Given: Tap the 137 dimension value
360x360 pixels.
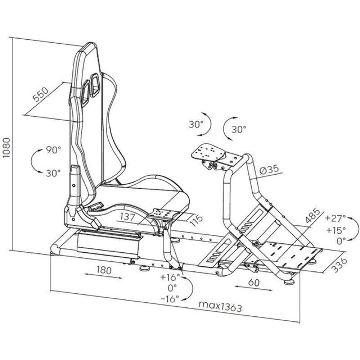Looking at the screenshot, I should tap(130, 217).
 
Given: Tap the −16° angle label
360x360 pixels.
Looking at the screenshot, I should tap(170, 298).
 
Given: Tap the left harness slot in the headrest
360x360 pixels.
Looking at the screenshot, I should tap(85, 90).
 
